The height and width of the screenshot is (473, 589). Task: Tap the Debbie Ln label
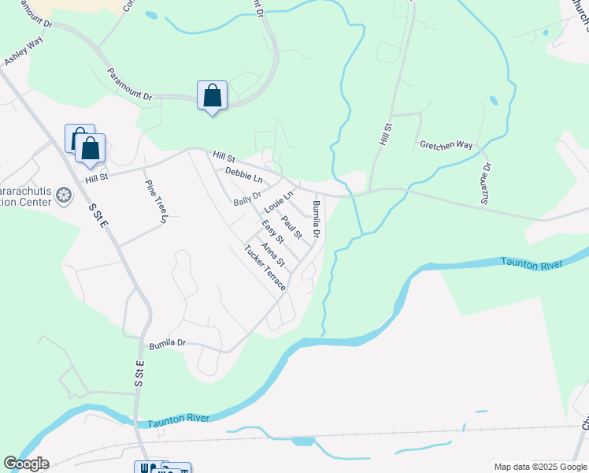coord(243,173)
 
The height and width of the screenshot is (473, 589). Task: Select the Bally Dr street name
coord(247,197)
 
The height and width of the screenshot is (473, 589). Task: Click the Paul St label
coord(292,227)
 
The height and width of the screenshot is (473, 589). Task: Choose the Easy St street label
coord(272,233)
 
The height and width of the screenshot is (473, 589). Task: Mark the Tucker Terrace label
coord(265,268)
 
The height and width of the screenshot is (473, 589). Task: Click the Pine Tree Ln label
coord(156,201)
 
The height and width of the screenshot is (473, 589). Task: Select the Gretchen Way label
coord(446,146)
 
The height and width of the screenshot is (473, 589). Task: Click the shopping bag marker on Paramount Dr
coord(212,96)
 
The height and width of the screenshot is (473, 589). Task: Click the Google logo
coord(26,464)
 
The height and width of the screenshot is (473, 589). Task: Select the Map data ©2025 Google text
coord(540,467)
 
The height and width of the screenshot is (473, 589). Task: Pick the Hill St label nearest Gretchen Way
coord(385,133)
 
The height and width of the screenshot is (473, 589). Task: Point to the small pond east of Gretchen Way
coord(493,101)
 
